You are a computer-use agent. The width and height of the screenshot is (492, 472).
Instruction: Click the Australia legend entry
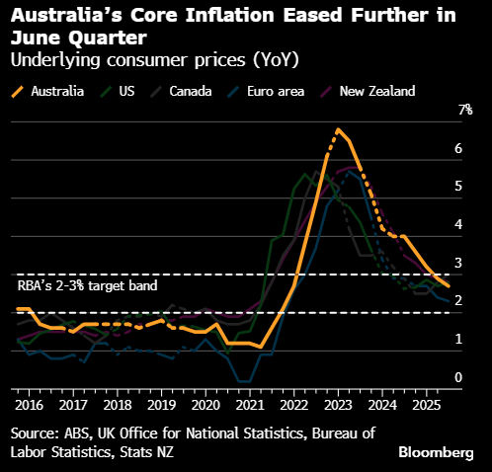click(x=47, y=91)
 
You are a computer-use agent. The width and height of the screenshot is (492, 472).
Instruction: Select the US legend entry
click(x=118, y=91)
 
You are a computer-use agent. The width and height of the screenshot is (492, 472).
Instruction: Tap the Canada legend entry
click(x=181, y=91)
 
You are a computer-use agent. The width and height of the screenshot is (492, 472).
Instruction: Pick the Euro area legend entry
click(x=266, y=91)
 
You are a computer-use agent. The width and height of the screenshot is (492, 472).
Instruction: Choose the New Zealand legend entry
click(x=368, y=91)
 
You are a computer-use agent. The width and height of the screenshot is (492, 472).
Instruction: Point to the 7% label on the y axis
click(x=465, y=110)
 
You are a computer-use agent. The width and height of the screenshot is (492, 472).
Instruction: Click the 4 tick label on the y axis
click(x=458, y=224)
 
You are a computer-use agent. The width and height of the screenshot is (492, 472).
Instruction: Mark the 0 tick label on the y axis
click(x=458, y=377)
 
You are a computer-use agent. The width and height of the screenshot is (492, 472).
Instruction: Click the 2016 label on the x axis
click(x=29, y=405)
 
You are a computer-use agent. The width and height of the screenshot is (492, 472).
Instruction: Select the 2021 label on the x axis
click(x=250, y=405)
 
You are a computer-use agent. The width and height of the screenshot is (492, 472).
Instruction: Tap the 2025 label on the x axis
click(x=427, y=405)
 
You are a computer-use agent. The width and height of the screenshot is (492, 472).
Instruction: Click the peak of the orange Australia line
click(x=338, y=129)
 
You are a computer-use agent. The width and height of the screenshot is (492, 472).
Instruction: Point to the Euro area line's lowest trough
click(x=244, y=382)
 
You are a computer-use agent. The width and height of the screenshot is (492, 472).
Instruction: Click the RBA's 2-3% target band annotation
click(x=87, y=285)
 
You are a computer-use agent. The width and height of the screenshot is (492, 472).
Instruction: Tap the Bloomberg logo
click(x=436, y=452)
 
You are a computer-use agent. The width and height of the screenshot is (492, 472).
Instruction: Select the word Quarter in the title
click(x=108, y=39)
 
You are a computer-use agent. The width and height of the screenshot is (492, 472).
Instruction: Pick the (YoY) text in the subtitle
click(x=276, y=60)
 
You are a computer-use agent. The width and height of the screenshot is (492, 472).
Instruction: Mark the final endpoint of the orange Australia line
click(x=449, y=286)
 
